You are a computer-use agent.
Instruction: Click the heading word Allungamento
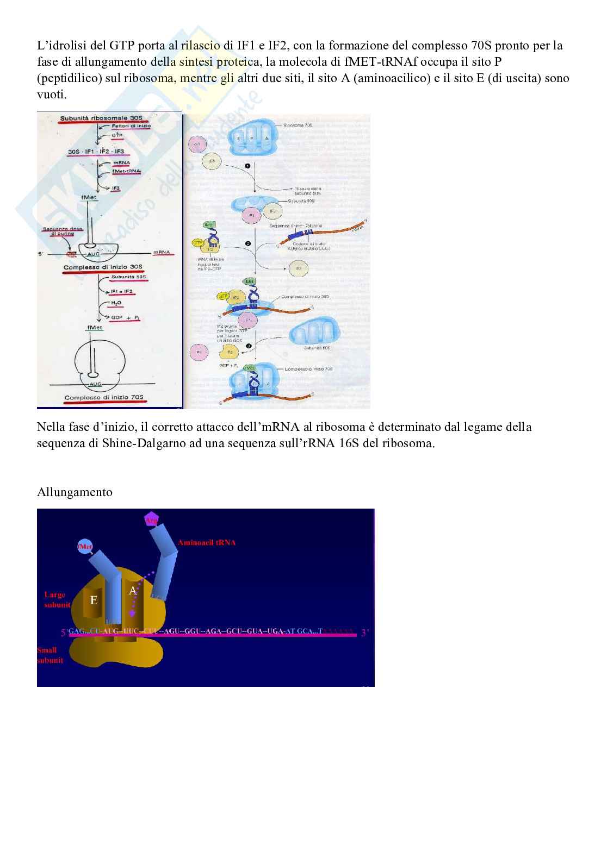click(x=75, y=492)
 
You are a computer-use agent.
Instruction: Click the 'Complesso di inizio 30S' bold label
click(x=102, y=267)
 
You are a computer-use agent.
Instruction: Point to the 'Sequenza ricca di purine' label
click(x=64, y=231)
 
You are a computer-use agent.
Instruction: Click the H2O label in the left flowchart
click(x=116, y=303)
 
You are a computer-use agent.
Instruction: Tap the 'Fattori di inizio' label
click(x=132, y=126)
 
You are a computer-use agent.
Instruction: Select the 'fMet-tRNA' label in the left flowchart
click(x=126, y=171)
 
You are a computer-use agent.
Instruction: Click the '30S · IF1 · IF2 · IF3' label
click(x=96, y=151)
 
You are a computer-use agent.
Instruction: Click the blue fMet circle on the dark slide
click(x=85, y=546)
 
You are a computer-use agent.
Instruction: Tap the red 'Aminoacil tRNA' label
click(x=206, y=542)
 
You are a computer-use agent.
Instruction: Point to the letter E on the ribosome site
click(x=94, y=600)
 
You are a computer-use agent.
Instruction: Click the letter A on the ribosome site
click(x=132, y=591)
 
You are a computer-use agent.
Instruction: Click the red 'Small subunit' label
click(x=50, y=655)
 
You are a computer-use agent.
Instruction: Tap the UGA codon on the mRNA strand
click(x=274, y=631)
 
